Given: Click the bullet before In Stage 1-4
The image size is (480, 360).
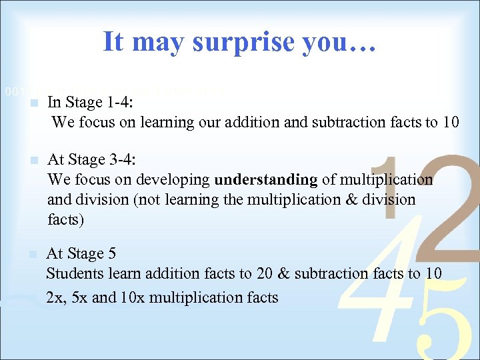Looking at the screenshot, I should [35, 103].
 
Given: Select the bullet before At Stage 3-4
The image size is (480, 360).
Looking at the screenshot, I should [35, 160].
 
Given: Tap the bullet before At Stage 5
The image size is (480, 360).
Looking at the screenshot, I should [35, 254].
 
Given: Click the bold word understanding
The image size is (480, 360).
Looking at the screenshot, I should [266, 179].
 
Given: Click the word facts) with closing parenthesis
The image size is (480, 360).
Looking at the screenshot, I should [66, 219].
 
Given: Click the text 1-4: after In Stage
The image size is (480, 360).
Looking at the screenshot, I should [121, 103].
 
